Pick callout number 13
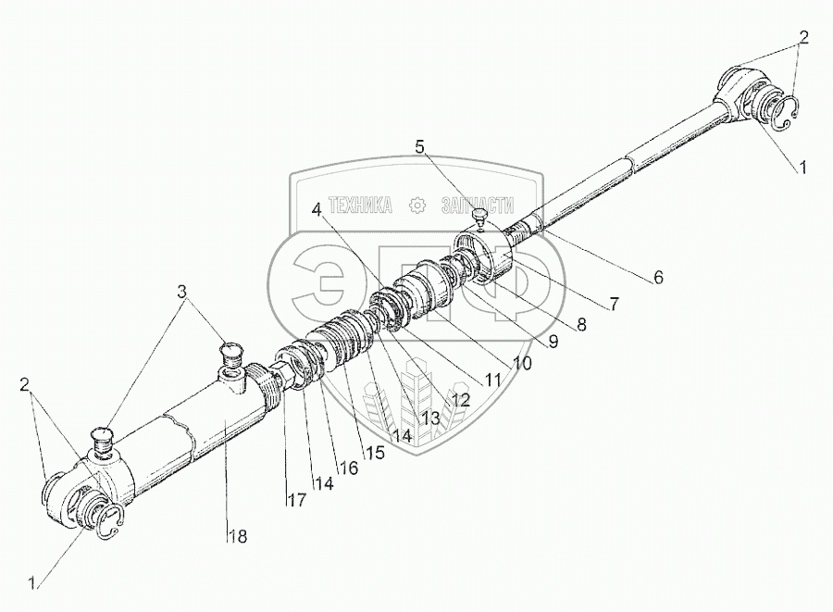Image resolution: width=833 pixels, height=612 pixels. coord(429,418)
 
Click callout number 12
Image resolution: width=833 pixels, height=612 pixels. coord(460,400)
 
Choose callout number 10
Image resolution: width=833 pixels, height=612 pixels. coord(522,363)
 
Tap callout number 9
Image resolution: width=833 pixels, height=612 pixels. coord(553,342)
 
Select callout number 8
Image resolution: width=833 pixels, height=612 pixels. coord(580,324)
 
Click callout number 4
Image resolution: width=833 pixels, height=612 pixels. coord(317,209)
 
